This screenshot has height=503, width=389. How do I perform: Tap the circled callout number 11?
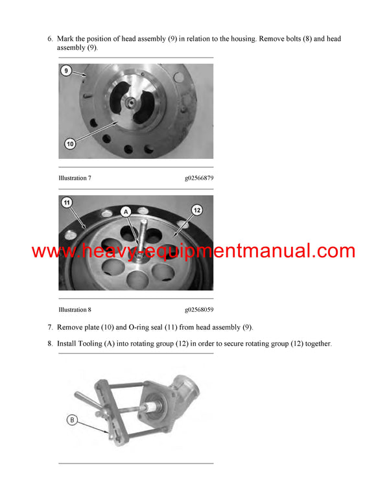66,203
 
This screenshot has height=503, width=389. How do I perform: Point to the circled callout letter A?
126,211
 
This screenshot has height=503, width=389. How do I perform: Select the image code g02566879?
198,178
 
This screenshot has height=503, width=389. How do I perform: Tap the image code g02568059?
198,310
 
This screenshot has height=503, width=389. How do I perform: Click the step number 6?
50,39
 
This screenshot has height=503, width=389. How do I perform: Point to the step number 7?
50,327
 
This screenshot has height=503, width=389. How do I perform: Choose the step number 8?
50,344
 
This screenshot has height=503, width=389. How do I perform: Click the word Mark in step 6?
65,39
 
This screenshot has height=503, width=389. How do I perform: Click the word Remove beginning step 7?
71,327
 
